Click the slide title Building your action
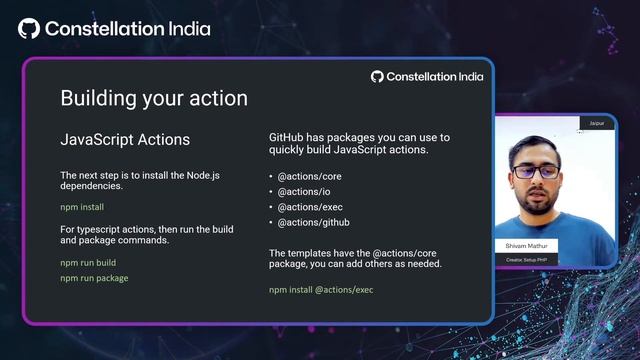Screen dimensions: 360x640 point(154,98)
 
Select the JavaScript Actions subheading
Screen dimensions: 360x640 point(125,139)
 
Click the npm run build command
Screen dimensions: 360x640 point(88,262)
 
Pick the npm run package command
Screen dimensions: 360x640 point(94,278)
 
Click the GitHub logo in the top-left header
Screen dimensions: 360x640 point(29,28)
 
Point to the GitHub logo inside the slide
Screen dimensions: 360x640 point(377,76)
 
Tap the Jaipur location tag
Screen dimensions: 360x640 point(597,123)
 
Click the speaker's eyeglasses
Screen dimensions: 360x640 point(536,171)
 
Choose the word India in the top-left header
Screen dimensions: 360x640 point(184,28)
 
